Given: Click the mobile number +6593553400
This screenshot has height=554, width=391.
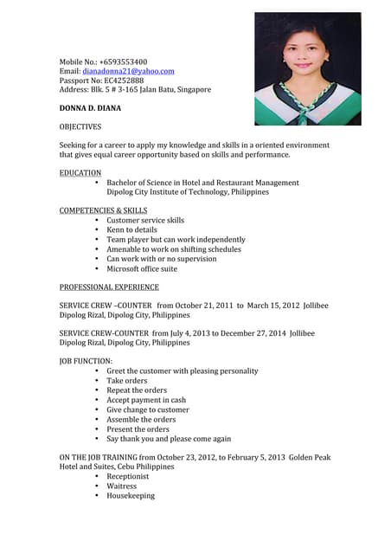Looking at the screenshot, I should [123, 62].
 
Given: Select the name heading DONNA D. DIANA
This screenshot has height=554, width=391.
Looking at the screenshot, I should [90, 107].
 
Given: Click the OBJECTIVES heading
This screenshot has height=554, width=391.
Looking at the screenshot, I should [80, 126].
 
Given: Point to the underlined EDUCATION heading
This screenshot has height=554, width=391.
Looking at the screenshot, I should [80, 173].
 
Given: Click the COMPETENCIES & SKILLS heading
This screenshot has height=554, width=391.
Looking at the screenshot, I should [103, 210].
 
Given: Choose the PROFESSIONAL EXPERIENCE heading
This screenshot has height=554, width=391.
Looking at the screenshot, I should [109, 287].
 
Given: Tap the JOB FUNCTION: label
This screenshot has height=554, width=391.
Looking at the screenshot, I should [86, 361].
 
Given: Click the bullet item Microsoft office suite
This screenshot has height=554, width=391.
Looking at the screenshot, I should [142, 268].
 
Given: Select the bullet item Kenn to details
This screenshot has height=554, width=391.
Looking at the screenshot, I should [132, 230].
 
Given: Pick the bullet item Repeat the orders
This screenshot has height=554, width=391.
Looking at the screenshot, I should [137, 390].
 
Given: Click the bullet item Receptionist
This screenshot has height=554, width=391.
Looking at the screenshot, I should [128, 476].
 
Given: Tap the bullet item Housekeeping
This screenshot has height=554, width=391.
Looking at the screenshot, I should [131, 496].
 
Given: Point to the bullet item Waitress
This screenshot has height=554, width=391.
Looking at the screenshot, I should [122, 486].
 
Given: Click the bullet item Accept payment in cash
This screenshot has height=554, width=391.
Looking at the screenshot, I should [146, 400].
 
